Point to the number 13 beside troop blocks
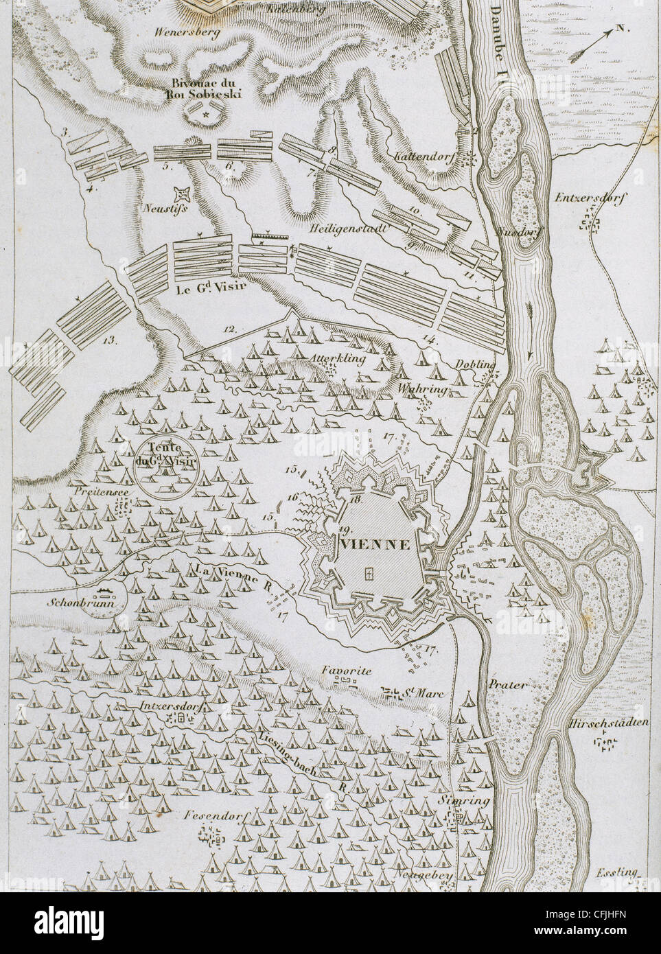click(108, 338)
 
